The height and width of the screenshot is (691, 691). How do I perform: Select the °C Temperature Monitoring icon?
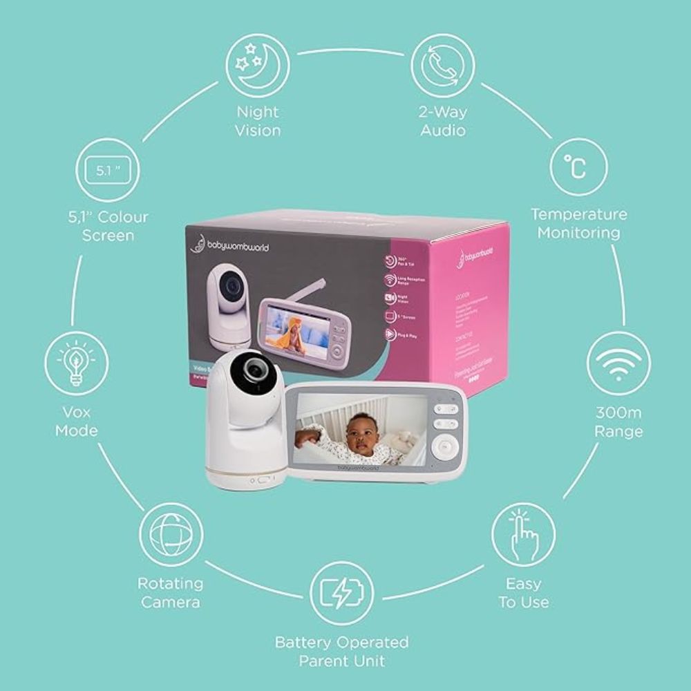(578, 168)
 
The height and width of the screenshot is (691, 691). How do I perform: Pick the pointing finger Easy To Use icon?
(523, 535)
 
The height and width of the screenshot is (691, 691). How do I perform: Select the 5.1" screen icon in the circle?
(108, 170)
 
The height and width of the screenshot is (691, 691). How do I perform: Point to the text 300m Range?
(618, 422)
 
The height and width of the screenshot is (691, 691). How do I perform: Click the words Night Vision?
(258, 121)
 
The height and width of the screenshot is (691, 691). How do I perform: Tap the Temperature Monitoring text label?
(578, 223)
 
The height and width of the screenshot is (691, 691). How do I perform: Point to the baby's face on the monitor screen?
(363, 434)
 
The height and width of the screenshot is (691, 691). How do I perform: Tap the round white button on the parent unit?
(444, 448)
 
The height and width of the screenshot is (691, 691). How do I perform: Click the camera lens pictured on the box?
(234, 285)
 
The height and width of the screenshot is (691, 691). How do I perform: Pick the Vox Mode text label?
(76, 422)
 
